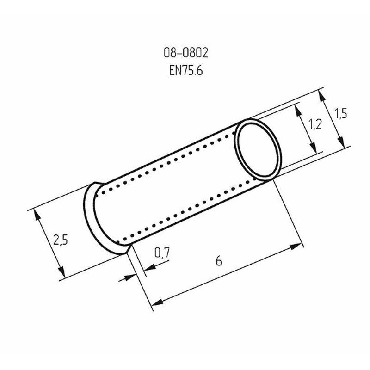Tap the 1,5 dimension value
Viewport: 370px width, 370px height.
341,113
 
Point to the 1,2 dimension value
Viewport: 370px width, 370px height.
315,124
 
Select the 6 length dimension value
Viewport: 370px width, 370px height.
219,261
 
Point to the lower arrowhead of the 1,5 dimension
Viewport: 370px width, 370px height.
341,144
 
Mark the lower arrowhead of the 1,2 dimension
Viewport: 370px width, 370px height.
314,150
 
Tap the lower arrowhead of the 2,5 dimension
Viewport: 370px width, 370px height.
61,273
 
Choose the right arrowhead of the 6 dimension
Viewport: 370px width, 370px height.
298,246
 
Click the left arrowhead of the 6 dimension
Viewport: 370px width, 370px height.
157,302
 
